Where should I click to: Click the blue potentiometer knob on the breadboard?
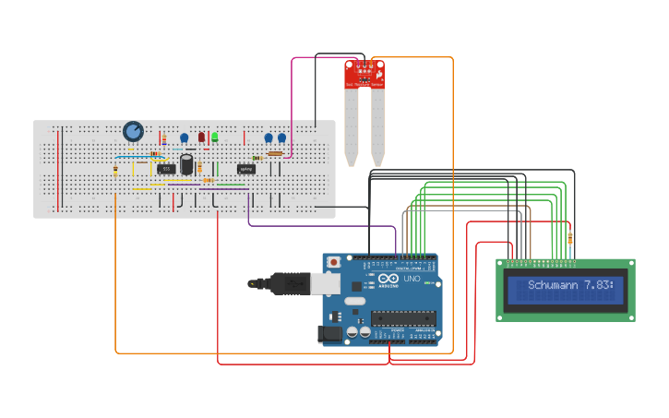[x=133, y=132]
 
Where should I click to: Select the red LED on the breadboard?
[x=201, y=137]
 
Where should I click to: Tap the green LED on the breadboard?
[x=214, y=137]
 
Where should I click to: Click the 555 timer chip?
[x=166, y=169]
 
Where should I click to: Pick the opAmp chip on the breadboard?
[x=245, y=169]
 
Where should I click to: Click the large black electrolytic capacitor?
[x=187, y=164]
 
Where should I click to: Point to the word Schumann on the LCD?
[x=554, y=286]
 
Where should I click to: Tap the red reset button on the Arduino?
[x=333, y=263]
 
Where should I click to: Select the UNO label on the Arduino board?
[x=412, y=279]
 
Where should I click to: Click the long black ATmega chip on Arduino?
[x=403, y=319]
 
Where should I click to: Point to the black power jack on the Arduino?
[x=329, y=333]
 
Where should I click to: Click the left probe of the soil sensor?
[x=352, y=125]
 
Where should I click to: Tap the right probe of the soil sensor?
[x=377, y=125]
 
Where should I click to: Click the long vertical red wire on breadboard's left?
[x=58, y=170]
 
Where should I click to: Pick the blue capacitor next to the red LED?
[x=185, y=138]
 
